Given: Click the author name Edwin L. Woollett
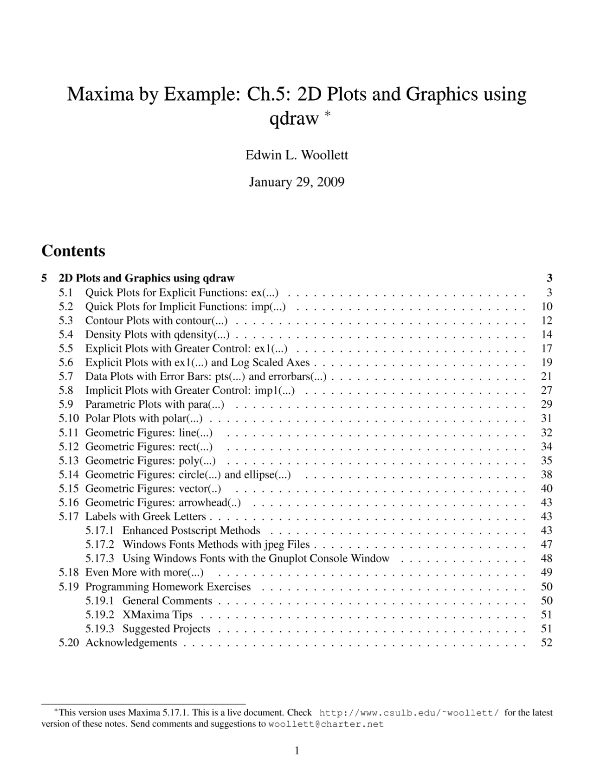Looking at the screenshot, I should pos(297,155).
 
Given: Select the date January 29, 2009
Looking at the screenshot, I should pos(297,182).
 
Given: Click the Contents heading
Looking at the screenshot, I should pos(73,251).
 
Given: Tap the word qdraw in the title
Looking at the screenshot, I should pos(294,119).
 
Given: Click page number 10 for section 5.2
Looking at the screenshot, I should pos(547,307).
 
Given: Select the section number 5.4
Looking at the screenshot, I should pos(66,334).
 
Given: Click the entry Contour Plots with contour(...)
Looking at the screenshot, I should pos(156,320).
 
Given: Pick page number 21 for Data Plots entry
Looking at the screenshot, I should pos(547,376).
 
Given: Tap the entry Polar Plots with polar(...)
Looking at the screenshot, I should pos(144,418).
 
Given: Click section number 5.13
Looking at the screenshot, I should pos(69,461).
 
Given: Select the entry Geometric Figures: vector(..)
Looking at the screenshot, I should pos(153,488).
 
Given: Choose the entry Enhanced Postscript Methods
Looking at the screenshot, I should pos(191,531).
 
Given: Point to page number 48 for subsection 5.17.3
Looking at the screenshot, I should pos(547,558).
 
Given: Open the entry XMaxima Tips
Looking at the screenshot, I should pos(157,615).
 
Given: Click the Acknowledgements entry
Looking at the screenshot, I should pos(131,643).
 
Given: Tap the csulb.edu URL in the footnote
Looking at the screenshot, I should pos(409,713).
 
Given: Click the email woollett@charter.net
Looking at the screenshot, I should pos(326,724).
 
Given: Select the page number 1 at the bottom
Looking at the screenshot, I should pos(297,750).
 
